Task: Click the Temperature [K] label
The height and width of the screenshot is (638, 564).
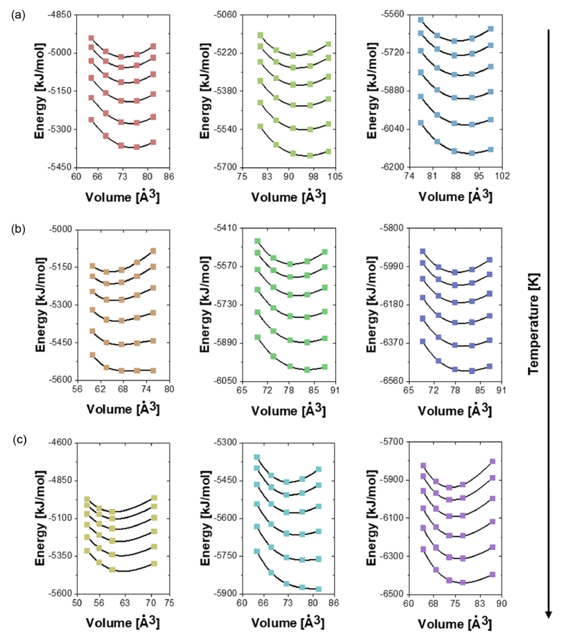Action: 533,323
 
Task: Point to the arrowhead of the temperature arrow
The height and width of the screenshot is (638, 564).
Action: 548,612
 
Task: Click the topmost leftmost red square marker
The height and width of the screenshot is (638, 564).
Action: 91,38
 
